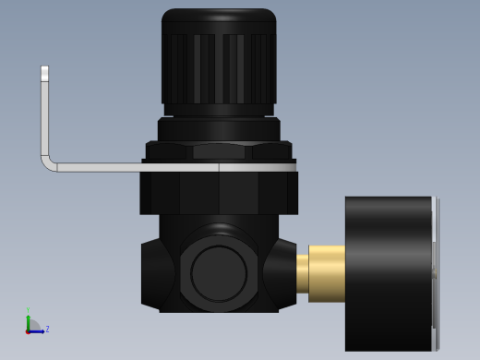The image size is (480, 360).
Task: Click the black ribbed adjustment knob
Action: (219, 69)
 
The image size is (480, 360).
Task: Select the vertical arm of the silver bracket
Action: (44, 115)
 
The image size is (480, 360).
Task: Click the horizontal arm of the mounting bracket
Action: (129, 167)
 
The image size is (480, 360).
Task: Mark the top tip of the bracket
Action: (44, 69)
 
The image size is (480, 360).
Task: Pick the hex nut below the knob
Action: (219, 150)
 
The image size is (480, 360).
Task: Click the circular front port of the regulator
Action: (219, 273)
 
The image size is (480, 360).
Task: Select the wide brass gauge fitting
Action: (327, 273)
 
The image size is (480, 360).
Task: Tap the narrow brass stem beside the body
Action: (302, 274)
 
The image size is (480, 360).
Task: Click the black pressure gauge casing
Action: (388, 273)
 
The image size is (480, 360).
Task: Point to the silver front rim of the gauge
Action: (435, 273)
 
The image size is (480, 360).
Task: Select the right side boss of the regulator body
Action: (282, 274)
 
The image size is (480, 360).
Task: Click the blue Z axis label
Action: (47, 329)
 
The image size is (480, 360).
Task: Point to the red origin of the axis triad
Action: (28, 330)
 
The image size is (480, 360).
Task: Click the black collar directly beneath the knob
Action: (219, 129)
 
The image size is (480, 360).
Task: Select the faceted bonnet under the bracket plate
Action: (219, 193)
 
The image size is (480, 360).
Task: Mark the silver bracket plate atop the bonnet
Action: (258, 167)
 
